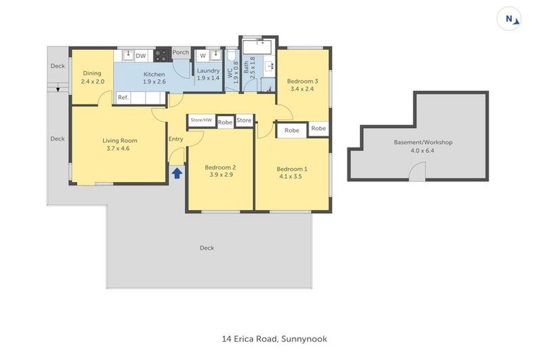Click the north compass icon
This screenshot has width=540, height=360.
tap(508, 19)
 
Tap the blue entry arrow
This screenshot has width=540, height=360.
tap(176, 172)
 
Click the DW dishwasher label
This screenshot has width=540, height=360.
tap(141, 56)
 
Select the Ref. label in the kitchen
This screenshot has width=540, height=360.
tap(123, 98)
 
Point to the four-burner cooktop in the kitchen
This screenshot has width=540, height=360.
tap(162, 55)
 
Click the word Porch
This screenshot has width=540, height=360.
tap(181, 52)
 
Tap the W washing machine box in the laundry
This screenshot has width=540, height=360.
tap(202, 56)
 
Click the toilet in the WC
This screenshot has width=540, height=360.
tap(230, 56)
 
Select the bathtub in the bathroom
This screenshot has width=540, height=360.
tap(258, 48)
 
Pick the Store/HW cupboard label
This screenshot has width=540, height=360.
tap(200, 120)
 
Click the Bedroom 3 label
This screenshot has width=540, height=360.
tap(302, 82)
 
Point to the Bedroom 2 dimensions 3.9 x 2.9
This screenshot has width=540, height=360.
tap(219, 175)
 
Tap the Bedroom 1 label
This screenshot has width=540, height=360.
tap(291, 169)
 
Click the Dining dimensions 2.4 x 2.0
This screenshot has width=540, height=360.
tap(92, 82)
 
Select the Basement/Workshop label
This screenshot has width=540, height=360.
tap(423, 142)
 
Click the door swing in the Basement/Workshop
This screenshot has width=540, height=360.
tap(418, 170)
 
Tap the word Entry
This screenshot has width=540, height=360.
tap(176, 139)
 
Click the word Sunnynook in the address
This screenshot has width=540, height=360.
tap(304, 339)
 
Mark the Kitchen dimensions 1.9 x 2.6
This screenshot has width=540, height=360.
tap(154, 82)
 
